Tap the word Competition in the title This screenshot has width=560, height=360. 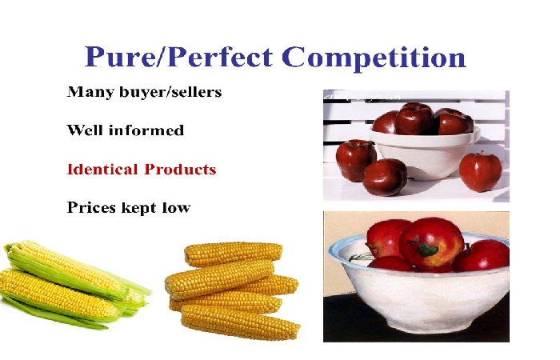(x=374, y=58)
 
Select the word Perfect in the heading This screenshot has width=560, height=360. (x=219, y=57)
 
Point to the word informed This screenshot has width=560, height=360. (x=146, y=130)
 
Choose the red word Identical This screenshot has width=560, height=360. (x=102, y=169)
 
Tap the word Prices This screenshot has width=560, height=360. (x=91, y=207)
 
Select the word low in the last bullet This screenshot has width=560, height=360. (x=176, y=207)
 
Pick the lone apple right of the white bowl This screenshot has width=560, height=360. (x=480, y=171)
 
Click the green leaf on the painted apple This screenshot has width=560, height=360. (x=427, y=250)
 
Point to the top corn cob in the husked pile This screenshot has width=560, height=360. (x=234, y=254)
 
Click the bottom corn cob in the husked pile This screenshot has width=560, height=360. (x=240, y=322)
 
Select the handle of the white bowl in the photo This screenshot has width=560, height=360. (x=476, y=134)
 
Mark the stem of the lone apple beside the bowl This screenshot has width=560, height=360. (x=482, y=154)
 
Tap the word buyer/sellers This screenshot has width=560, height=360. (x=170, y=93)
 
